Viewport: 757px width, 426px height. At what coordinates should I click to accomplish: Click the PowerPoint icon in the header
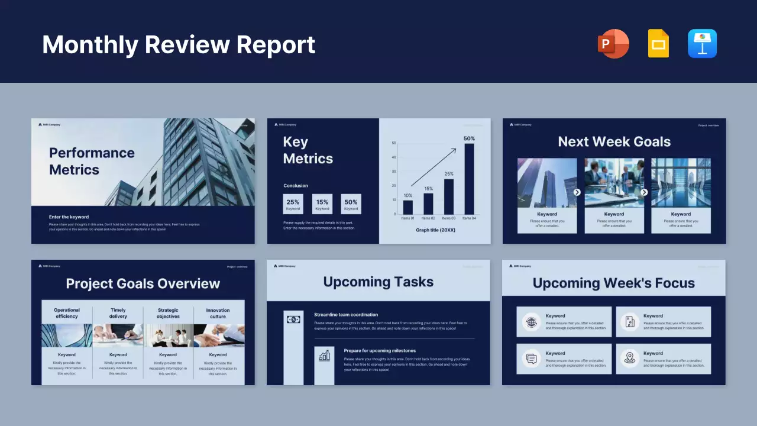pyautogui.click(x=613, y=44)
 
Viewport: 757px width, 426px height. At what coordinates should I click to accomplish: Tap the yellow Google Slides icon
pyautogui.click(x=658, y=44)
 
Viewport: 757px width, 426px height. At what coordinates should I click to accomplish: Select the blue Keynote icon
pyautogui.click(x=702, y=44)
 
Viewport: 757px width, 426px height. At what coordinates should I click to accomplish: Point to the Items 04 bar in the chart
pyautogui.click(x=469, y=179)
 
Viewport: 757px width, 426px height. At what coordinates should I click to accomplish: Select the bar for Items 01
pyautogui.click(x=407, y=207)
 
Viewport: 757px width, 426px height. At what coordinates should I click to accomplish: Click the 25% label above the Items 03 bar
pyautogui.click(x=449, y=174)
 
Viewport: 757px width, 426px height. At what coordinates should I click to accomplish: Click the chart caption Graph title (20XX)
pyautogui.click(x=435, y=230)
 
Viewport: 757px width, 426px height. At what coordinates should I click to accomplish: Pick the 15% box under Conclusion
pyautogui.click(x=322, y=204)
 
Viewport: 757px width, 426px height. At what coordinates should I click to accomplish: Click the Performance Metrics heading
pyautogui.click(x=92, y=161)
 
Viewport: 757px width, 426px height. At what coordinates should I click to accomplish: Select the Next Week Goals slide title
pyautogui.click(x=614, y=142)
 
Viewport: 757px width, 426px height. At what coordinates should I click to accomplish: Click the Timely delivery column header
pyautogui.click(x=118, y=313)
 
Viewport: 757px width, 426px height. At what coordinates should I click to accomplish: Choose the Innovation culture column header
pyautogui.click(x=218, y=313)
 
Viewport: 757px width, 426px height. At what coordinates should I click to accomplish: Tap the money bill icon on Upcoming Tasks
pyautogui.click(x=293, y=319)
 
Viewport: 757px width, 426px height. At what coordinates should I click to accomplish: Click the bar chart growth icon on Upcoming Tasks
pyautogui.click(x=324, y=356)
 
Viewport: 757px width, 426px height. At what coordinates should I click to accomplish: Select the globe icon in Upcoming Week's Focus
pyautogui.click(x=531, y=322)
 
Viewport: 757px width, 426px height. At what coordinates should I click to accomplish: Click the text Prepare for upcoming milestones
pyautogui.click(x=380, y=351)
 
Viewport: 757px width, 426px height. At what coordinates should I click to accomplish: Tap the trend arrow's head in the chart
pyautogui.click(x=454, y=150)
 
